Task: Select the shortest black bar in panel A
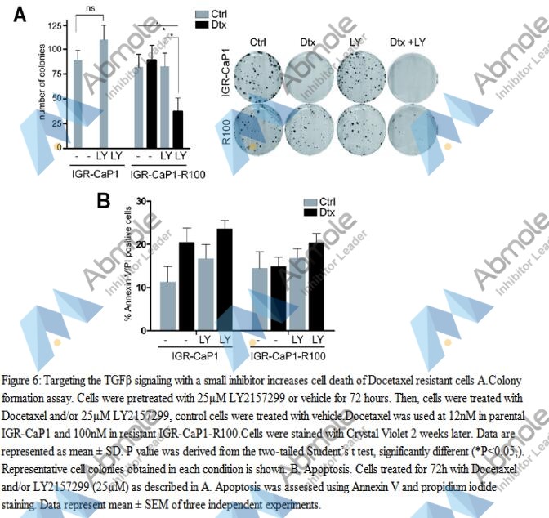point(177,127)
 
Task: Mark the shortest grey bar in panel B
point(167,306)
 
